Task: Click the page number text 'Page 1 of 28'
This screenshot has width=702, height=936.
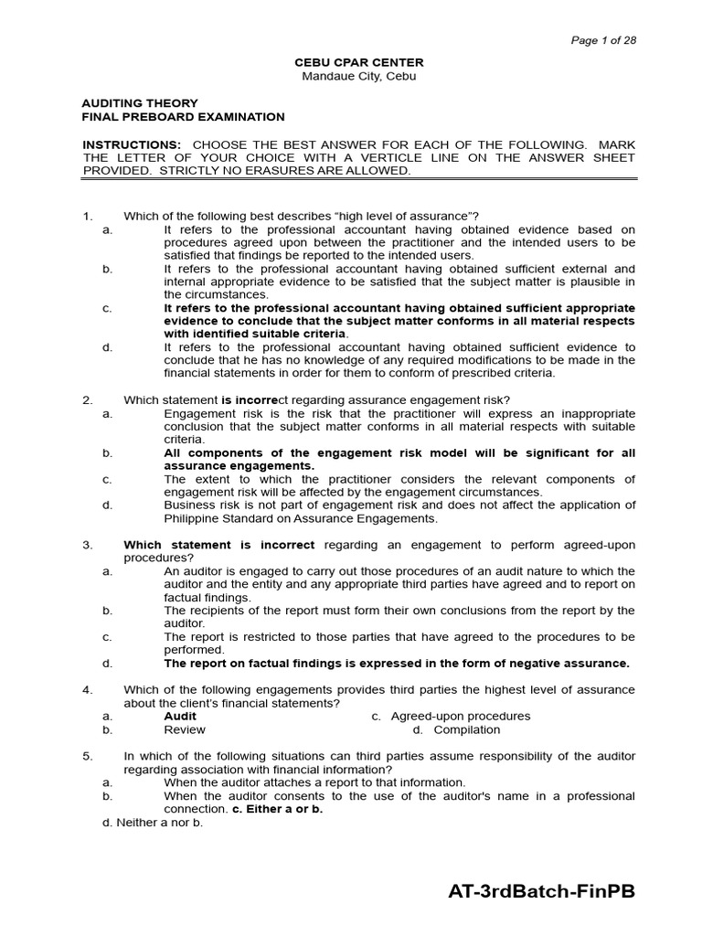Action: click(603, 40)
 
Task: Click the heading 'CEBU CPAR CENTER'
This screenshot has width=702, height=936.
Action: click(358, 62)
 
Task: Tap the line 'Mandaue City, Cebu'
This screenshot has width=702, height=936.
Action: click(358, 76)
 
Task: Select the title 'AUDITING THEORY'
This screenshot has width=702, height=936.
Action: click(140, 103)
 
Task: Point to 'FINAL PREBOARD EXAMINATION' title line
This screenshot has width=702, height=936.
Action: click(184, 117)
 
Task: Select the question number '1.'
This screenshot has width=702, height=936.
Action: click(88, 216)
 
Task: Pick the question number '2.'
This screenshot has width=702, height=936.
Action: click(88, 399)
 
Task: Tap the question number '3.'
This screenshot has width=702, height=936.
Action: click(88, 545)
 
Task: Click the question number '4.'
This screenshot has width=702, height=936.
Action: click(88, 689)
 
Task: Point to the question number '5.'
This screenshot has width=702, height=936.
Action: click(88, 756)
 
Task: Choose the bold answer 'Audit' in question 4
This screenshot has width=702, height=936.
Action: click(180, 716)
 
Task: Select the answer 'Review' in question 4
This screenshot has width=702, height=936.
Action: click(185, 729)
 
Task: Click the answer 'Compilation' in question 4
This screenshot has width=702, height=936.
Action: click(467, 729)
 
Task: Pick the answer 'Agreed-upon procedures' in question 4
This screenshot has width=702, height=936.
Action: click(460, 716)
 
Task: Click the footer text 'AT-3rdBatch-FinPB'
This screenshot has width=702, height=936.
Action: click(541, 892)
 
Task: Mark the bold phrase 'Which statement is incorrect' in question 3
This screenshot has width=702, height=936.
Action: click(219, 545)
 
